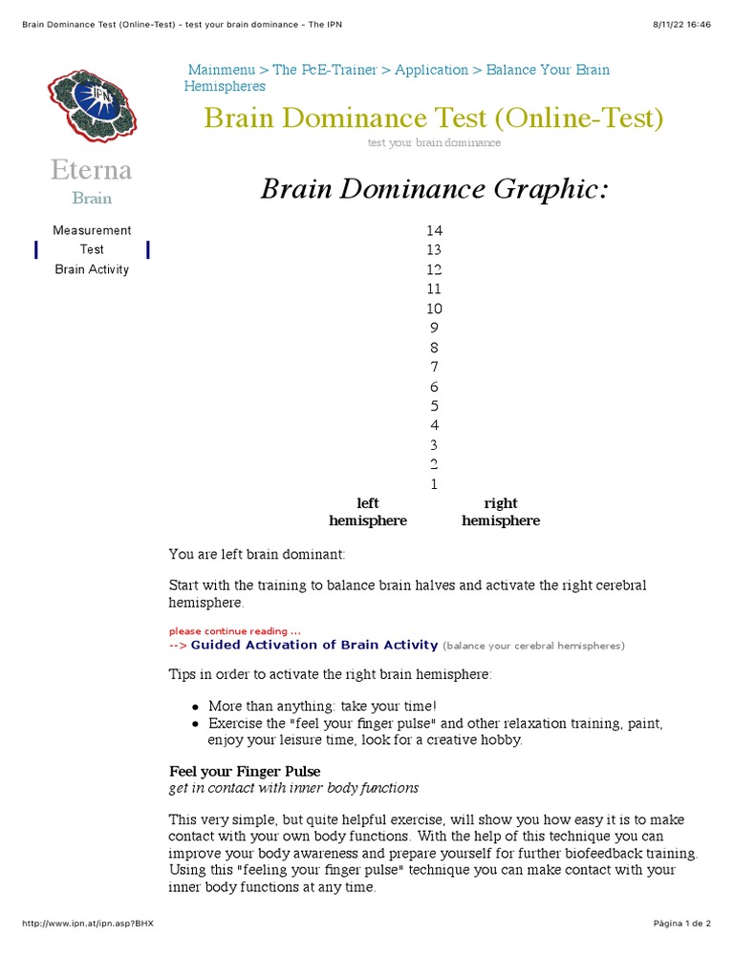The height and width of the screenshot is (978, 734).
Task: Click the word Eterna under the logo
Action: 92,171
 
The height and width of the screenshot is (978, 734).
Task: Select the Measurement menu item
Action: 92,230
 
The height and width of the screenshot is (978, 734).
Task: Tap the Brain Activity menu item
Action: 92,269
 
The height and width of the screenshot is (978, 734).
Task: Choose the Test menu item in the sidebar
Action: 92,249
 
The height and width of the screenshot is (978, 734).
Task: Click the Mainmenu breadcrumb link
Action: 222,70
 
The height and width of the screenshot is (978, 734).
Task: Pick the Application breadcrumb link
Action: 431,70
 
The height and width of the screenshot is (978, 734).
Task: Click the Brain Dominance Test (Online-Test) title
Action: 433,118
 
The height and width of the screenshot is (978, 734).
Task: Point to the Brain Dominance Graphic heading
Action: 434,189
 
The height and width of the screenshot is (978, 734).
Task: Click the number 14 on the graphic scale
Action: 435,230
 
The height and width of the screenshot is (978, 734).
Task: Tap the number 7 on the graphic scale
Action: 435,367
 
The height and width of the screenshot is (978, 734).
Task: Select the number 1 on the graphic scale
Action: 435,484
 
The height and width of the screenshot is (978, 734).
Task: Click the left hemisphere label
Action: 368,512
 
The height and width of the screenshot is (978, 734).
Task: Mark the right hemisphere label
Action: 501,512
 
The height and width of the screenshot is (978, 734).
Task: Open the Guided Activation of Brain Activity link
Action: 314,645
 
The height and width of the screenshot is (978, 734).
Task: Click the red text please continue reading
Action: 234,631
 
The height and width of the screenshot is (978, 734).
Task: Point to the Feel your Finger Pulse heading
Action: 245,771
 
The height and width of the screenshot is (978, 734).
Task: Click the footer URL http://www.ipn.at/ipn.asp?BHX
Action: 87,924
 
